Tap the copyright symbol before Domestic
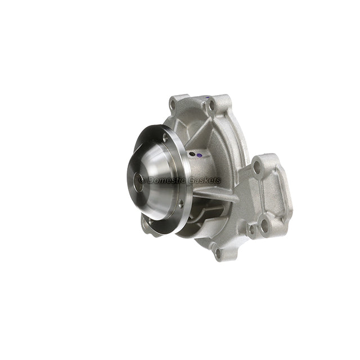(x=142, y=180)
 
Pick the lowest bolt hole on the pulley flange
(x=181, y=204)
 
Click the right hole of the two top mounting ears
(x=211, y=105)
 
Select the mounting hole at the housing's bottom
(x=218, y=253)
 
